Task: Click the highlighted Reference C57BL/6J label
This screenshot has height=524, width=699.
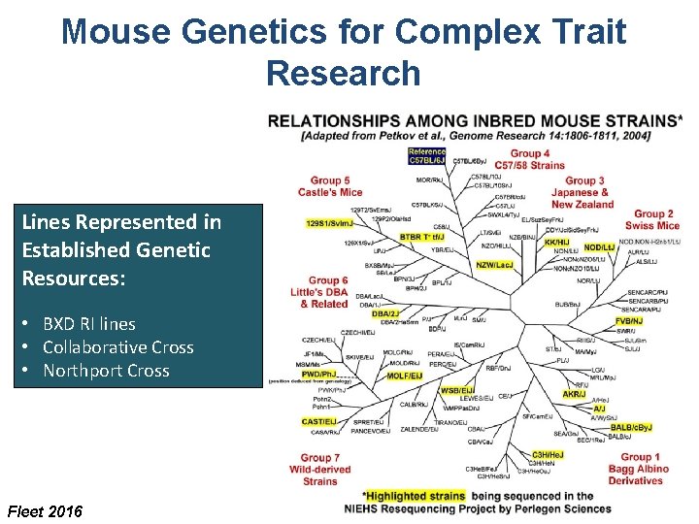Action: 427,155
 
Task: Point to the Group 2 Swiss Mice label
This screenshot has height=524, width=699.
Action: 653,219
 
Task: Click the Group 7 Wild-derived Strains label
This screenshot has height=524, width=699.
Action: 319,469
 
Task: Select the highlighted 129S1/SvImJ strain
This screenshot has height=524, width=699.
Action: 329,223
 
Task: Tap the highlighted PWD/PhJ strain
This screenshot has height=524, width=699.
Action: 321,373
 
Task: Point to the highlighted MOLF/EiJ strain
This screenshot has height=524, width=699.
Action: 404,376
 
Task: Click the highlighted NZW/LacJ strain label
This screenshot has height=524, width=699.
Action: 495,265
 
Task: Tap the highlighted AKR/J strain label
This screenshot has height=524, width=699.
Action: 574,394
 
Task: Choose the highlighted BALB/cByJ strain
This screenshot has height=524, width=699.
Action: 631,427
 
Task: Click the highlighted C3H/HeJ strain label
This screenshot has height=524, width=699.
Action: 548,454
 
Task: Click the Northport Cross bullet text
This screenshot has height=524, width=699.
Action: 106,371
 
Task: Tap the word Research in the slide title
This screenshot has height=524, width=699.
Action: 343,73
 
